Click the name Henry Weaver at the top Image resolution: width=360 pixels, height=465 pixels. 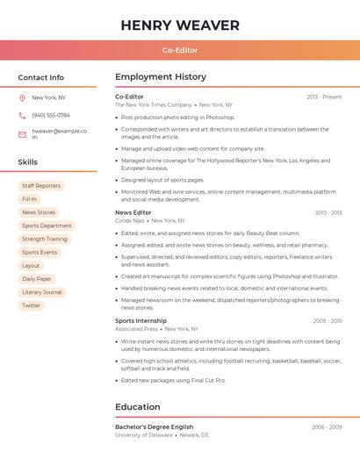point(180,25)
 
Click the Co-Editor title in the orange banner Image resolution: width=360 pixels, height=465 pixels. point(180,50)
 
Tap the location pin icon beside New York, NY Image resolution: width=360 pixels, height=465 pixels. point(22,97)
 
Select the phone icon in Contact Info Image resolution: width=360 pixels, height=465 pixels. point(22,115)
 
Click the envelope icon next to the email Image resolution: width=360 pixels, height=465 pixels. point(22,134)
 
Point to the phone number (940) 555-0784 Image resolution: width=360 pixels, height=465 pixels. point(51,115)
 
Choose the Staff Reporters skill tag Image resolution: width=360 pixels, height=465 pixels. point(41,186)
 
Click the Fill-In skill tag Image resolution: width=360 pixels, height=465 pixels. point(30,199)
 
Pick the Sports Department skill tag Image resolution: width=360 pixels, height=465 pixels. point(47,225)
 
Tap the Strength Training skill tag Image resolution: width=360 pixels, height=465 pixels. point(44,239)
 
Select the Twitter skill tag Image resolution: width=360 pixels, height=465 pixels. point(32,305)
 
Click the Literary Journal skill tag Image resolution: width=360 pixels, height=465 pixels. point(42,292)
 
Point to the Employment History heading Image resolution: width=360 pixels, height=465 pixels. point(161,77)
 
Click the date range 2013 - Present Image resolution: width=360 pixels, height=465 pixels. point(324,97)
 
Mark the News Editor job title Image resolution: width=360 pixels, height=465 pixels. point(133,212)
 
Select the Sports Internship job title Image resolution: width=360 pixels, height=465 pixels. point(140,320)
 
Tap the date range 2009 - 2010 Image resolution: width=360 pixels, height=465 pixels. point(327,320)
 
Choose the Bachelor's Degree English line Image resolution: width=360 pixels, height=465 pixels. point(154,426)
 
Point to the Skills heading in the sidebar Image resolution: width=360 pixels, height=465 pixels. point(28,162)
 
